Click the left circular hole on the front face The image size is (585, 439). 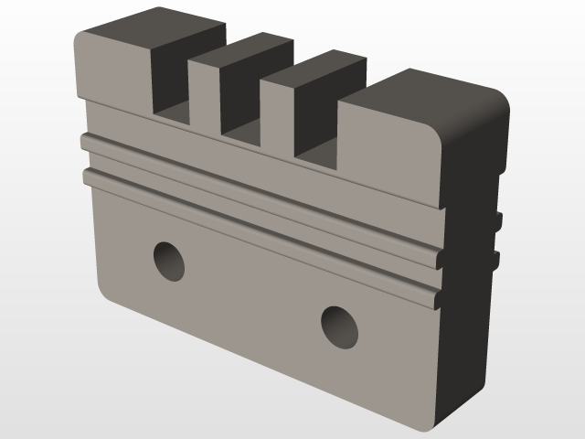[169, 261]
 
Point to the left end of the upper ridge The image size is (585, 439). [86, 142]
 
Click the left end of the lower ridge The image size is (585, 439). [89, 175]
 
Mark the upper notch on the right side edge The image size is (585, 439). [498, 220]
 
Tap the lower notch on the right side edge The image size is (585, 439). [496, 261]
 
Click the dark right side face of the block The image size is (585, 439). [471, 320]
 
